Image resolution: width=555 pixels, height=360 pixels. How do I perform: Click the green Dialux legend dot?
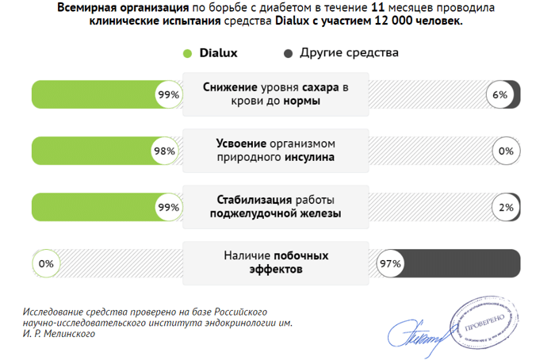[x=188, y=54]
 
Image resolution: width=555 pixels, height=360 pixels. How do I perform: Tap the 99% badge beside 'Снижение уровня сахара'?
[x=169, y=95]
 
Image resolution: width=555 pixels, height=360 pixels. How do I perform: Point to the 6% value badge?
[x=500, y=95]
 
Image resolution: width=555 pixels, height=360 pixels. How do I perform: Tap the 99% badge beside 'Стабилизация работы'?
[x=169, y=208]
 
